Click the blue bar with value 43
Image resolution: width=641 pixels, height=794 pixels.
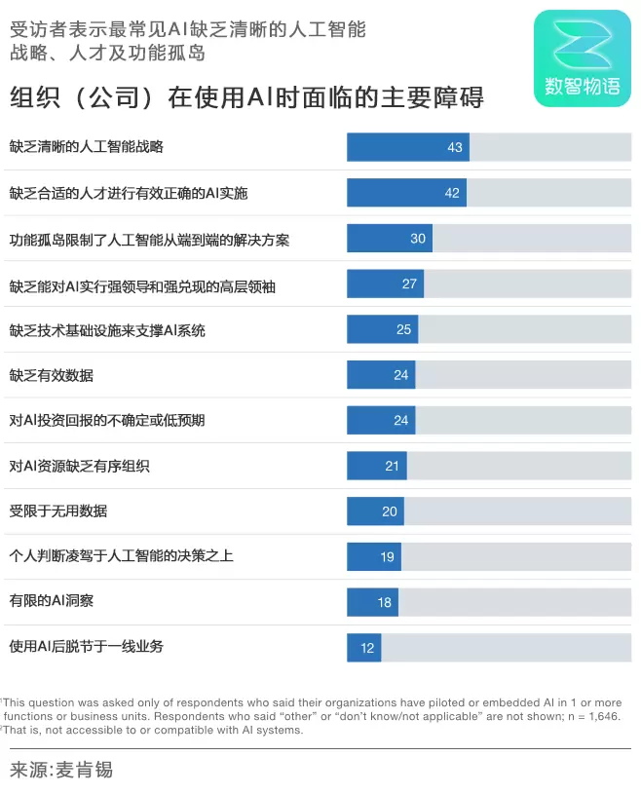(x=407, y=147)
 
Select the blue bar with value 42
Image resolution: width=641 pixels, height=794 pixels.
(x=406, y=193)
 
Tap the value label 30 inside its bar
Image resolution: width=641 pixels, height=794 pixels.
(x=418, y=239)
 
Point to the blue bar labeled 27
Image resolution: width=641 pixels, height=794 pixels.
(x=385, y=284)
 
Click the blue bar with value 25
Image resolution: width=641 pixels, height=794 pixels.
(x=382, y=330)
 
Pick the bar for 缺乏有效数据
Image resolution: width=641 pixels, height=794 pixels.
(x=381, y=375)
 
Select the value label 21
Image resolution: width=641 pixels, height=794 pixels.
(x=392, y=466)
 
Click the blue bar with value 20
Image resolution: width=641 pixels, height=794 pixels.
(x=375, y=511)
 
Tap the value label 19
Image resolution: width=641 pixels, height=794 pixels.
(x=387, y=557)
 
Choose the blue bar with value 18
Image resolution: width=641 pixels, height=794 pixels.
(x=372, y=602)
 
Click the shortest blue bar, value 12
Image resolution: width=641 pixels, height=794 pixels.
(x=363, y=648)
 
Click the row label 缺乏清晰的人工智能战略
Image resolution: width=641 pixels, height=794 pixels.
(x=87, y=147)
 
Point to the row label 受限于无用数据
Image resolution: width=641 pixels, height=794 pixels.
(x=58, y=510)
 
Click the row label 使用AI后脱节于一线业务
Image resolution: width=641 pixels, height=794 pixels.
(x=87, y=647)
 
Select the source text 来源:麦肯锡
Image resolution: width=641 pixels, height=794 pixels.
(x=61, y=771)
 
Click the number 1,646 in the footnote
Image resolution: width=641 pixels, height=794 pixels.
(x=602, y=716)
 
